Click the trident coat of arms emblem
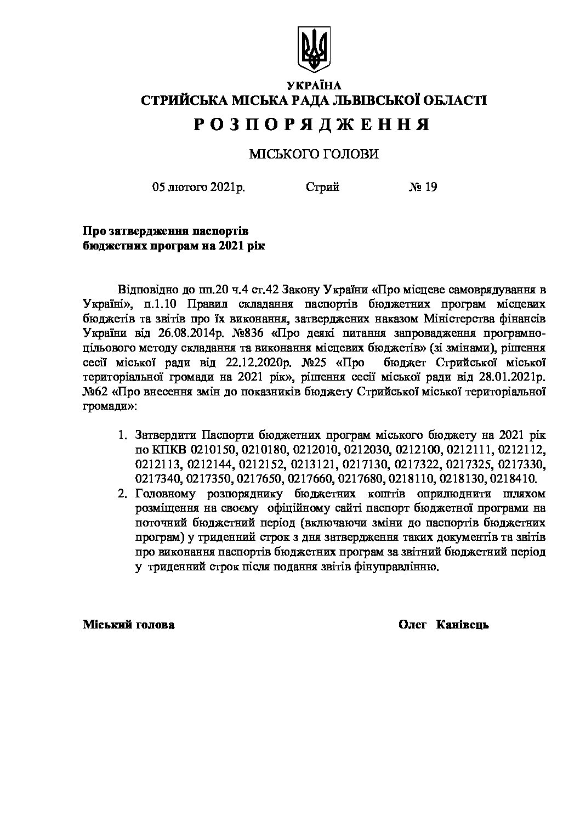click(314, 49)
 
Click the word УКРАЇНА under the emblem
click(314, 86)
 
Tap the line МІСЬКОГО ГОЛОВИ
click(314, 155)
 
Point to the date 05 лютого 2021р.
click(199, 188)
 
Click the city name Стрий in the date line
click(322, 188)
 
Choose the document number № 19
click(423, 188)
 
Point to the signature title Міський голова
click(129, 625)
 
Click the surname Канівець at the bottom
click(460, 625)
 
